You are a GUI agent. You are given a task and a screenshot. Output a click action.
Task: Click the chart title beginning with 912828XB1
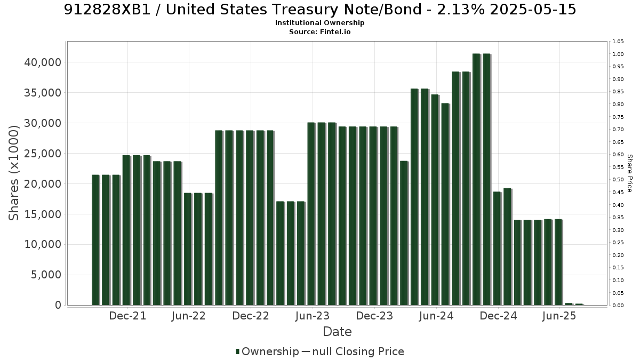(320, 10)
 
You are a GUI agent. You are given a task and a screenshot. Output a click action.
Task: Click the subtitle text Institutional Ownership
(319, 23)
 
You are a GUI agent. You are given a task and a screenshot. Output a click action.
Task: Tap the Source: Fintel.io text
(319, 31)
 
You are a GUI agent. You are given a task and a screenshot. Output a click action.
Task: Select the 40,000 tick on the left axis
(43, 62)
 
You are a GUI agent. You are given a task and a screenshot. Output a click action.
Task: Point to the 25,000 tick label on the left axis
(43, 154)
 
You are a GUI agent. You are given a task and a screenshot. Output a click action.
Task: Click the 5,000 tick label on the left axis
(46, 275)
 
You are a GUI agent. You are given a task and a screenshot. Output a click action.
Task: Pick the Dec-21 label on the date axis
(127, 316)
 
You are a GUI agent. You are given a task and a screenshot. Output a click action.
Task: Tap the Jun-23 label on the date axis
(313, 316)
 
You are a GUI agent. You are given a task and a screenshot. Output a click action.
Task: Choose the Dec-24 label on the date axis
(498, 316)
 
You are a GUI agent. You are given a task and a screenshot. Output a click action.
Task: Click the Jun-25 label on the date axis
(559, 316)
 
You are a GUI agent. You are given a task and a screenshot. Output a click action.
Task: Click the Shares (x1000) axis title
(14, 173)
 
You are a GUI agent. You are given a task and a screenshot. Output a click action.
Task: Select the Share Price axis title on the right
(630, 173)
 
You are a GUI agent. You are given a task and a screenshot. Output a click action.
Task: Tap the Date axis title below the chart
(337, 332)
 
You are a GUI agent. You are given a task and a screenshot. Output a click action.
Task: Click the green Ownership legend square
(237, 351)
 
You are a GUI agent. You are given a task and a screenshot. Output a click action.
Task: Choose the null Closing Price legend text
(358, 351)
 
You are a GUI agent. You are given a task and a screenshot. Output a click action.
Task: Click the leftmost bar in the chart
(95, 240)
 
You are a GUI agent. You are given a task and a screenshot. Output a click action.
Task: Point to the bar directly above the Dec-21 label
(126, 230)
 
